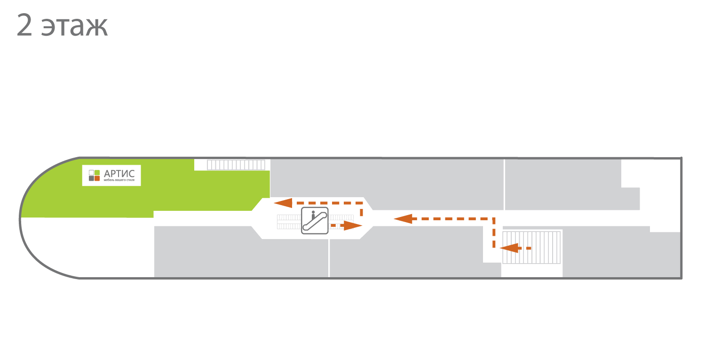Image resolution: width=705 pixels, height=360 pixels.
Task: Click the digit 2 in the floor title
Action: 24,25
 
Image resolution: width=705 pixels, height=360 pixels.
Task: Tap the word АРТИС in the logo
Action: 119,174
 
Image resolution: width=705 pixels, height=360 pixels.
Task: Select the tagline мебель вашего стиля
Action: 119,180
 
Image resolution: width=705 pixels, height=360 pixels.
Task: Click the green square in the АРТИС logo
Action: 97,173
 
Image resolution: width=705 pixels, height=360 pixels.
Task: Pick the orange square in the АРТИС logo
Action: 97,178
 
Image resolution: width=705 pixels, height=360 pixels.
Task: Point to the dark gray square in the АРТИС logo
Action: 91,178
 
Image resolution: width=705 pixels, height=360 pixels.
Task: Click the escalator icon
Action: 315,221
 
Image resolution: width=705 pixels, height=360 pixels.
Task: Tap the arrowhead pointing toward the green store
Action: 283,203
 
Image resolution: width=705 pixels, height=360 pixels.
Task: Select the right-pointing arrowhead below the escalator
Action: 353,225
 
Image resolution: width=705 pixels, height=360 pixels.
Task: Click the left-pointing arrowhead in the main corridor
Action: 403,219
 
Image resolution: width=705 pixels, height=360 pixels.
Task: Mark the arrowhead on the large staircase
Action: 509,248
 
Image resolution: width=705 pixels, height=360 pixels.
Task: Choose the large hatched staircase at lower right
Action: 531,248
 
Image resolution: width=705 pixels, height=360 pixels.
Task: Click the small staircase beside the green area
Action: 236,165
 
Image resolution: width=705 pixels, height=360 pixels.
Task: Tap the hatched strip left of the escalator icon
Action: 289,222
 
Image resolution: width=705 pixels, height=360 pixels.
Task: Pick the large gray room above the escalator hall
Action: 387,184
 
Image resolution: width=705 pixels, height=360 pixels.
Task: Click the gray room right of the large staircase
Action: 622,254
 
